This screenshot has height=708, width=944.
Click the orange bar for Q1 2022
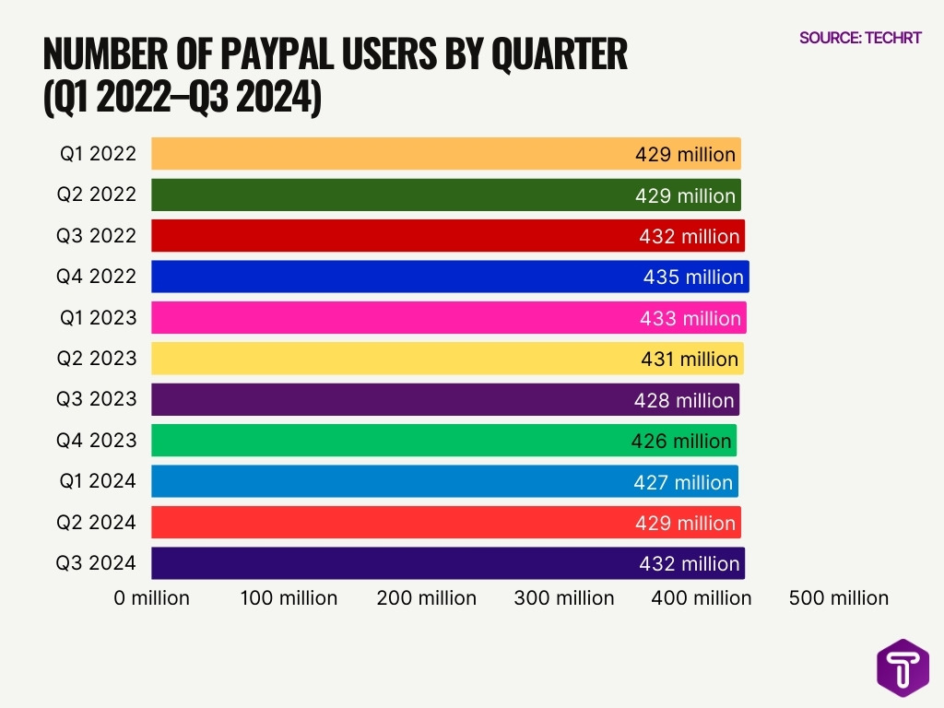tap(387, 154)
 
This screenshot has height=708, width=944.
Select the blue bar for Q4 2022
tap(387, 277)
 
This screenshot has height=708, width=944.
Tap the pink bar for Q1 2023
tap(387, 318)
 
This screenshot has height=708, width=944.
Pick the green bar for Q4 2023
tap(387, 441)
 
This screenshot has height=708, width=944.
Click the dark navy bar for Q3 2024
tap(387, 563)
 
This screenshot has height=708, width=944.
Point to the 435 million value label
tap(693, 277)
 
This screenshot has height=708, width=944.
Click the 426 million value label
tap(681, 442)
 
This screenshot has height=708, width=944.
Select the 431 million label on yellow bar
tap(690, 360)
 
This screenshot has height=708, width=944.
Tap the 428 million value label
tap(684, 401)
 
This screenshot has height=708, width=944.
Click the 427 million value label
tap(683, 482)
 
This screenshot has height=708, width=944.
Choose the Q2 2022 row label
tap(98, 195)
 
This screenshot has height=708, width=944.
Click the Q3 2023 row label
tap(98, 399)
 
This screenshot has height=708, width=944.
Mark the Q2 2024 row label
tap(98, 522)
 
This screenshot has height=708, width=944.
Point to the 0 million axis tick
tap(152, 598)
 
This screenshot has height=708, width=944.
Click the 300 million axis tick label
tap(564, 598)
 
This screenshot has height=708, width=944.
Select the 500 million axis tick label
tap(839, 598)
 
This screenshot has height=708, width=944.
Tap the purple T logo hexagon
tap(903, 667)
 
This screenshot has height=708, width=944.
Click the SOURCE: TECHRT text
tap(860, 39)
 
